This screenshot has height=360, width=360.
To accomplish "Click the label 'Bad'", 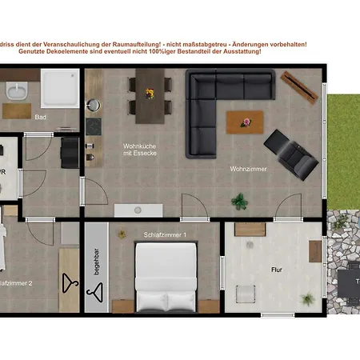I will [40, 117].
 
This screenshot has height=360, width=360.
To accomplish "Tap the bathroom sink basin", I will [15, 91].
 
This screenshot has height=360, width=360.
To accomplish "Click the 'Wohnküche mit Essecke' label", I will [139, 150].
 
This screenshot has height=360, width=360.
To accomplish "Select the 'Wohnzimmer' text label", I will [249, 169].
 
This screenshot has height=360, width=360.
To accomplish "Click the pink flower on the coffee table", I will [246, 122].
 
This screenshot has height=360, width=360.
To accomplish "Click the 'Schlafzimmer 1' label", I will [165, 234].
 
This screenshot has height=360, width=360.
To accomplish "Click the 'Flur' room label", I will [277, 270].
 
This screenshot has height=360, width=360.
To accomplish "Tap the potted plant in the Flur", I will [306, 299].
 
